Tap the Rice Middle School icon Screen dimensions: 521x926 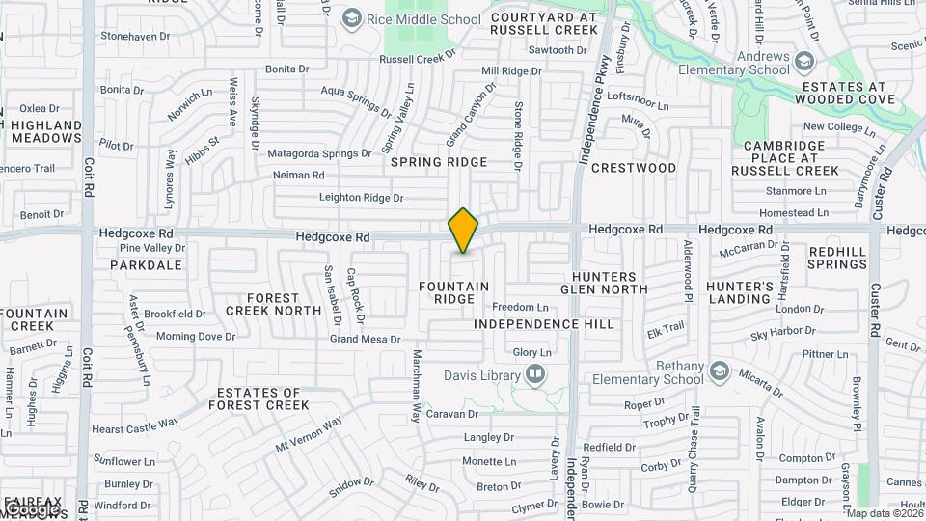point(352,18)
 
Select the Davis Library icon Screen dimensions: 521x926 point(534,374)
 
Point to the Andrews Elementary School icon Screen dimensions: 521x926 point(805,62)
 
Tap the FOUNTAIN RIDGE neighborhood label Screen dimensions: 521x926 point(454,292)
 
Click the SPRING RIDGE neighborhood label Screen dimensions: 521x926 point(439,162)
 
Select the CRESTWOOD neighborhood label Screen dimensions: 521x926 point(634,168)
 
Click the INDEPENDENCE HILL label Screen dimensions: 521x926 point(544,324)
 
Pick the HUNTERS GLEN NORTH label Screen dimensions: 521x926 point(604,283)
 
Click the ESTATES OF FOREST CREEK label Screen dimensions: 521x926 point(262,398)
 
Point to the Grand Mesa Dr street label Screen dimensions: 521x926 point(365,339)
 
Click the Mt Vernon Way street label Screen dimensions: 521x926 point(309,435)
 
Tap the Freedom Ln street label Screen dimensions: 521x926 point(521,307)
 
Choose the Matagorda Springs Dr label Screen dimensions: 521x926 point(319,153)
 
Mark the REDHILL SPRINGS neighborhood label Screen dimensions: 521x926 point(836,257)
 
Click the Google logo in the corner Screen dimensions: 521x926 point(31,508)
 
